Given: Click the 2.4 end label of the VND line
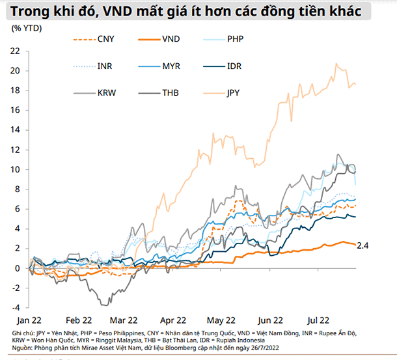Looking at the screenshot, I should click(x=363, y=245).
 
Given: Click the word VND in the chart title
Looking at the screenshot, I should click(x=118, y=10).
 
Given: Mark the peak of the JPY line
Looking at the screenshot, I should click(x=336, y=64).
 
